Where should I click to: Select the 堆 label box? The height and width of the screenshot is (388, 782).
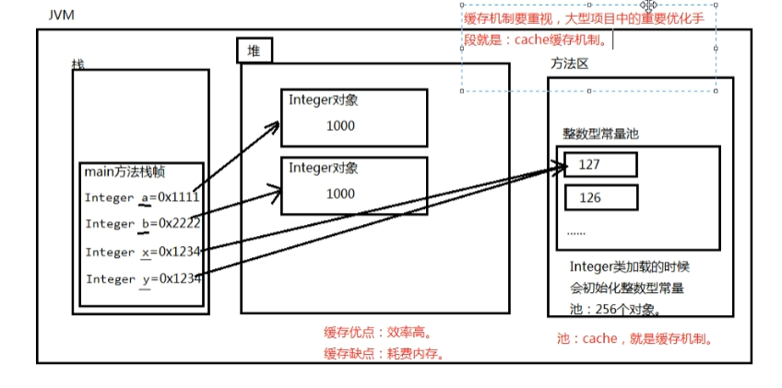point(253,51)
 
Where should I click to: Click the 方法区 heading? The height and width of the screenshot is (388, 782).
point(569,64)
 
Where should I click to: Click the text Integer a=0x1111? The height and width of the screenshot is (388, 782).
point(143,197)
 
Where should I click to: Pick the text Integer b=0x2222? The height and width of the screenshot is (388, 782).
point(143,224)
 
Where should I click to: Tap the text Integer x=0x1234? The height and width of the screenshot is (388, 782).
point(143,252)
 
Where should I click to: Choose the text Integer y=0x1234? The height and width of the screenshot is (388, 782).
point(144,278)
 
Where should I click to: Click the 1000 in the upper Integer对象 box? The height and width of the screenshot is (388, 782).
point(340,125)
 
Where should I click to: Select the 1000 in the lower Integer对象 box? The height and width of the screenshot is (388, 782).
point(340,194)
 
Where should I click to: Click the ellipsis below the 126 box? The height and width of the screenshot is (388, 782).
point(575,232)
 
